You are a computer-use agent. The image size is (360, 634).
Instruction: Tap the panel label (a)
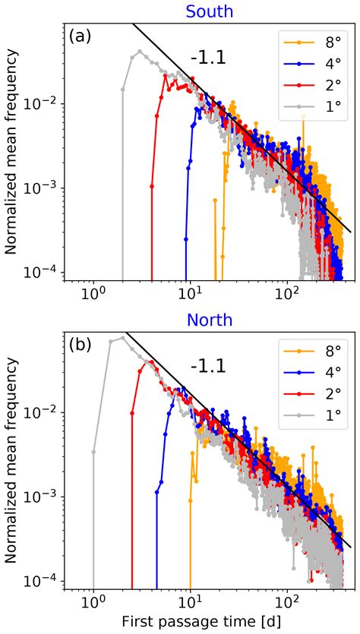tap(81, 36)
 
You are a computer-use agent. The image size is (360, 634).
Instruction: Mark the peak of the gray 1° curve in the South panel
tap(139, 52)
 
